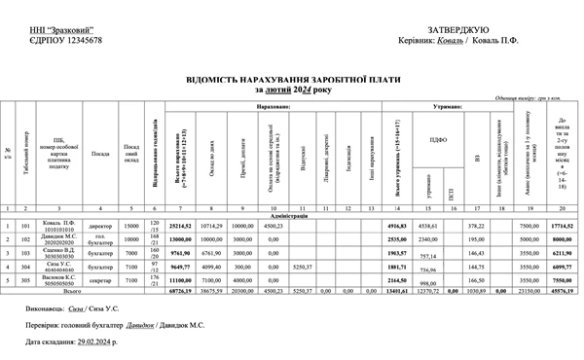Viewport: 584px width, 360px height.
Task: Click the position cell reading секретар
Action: point(100,277)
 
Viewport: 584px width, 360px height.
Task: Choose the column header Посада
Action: point(100,153)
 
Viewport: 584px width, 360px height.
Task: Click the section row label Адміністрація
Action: point(292,215)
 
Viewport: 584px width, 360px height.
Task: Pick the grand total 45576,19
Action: point(562,289)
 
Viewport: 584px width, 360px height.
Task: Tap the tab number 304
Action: point(27,264)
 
